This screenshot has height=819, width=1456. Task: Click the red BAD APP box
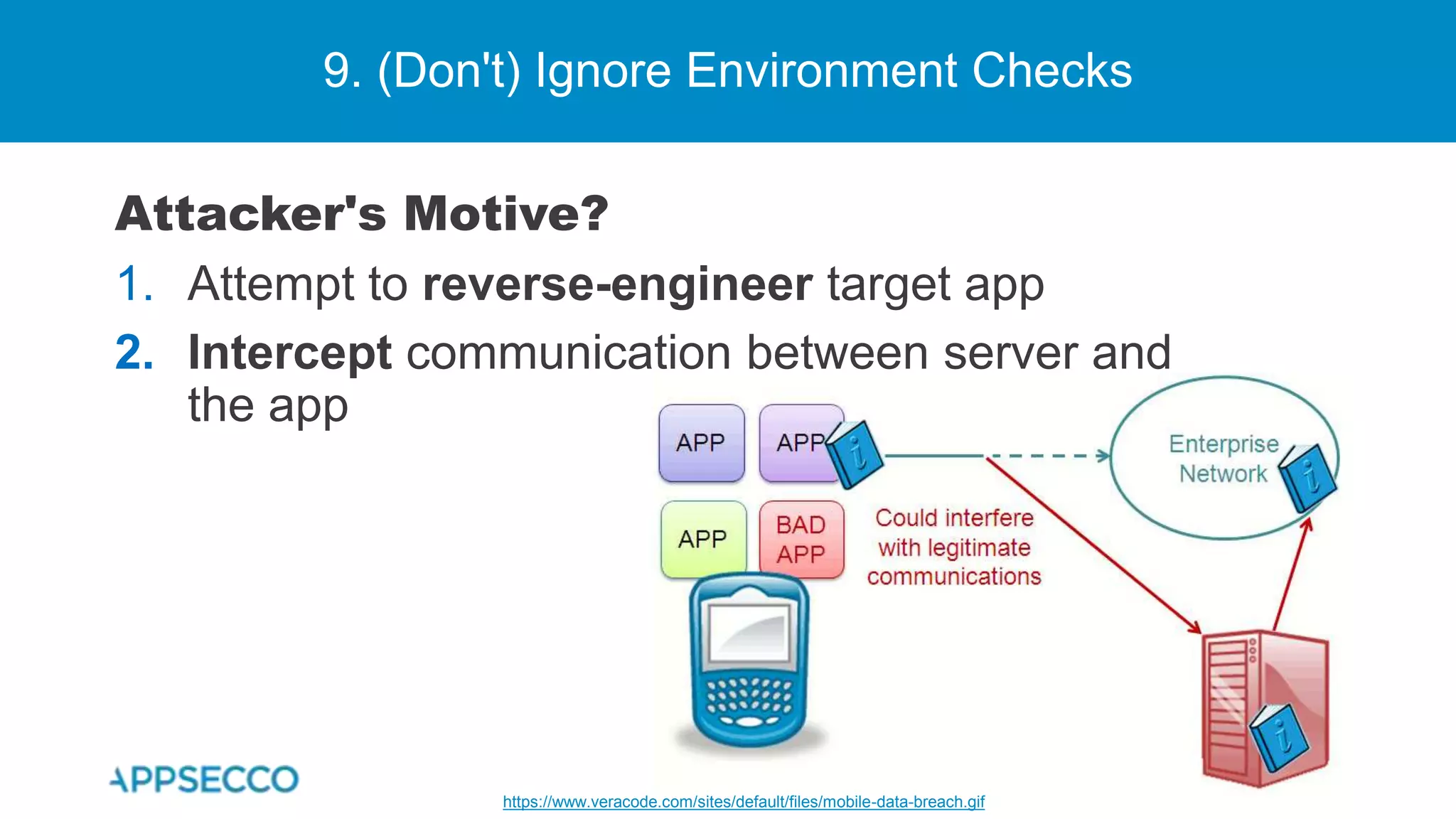click(x=801, y=539)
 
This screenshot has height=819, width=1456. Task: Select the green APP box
click(x=703, y=539)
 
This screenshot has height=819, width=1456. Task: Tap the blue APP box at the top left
click(x=701, y=443)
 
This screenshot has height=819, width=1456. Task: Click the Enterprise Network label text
click(x=1223, y=459)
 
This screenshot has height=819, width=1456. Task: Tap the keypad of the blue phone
click(x=749, y=700)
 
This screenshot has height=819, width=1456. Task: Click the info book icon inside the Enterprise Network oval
click(x=1308, y=476)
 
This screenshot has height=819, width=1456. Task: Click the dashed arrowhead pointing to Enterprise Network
click(x=1103, y=456)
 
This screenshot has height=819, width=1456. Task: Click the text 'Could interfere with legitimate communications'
click(x=954, y=547)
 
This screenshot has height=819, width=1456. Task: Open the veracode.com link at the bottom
click(x=743, y=802)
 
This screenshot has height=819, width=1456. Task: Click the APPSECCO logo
click(x=205, y=779)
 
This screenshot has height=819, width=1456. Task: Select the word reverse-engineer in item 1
click(x=616, y=284)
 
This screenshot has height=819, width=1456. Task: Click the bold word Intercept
click(x=289, y=353)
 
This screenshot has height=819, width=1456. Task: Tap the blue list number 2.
click(x=134, y=353)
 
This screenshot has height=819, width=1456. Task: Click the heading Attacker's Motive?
click(x=362, y=213)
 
